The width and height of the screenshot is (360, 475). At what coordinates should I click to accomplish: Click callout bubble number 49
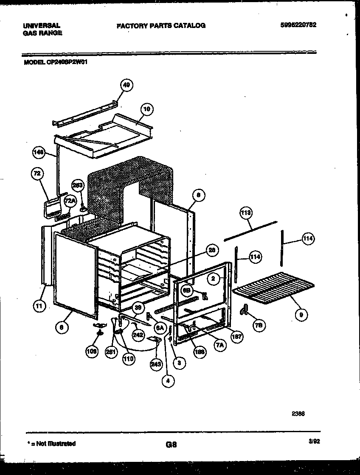tap(126, 85)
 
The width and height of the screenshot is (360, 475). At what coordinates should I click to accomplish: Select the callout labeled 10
tap(146, 109)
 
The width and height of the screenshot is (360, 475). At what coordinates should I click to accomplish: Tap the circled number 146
tap(39, 153)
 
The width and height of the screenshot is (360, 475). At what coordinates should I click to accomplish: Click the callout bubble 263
tap(78, 185)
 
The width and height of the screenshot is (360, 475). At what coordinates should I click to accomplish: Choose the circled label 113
tap(245, 212)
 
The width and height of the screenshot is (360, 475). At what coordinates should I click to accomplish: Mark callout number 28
tap(211, 251)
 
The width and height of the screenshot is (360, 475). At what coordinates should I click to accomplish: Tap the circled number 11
tap(39, 307)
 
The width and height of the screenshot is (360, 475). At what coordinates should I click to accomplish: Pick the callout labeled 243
tap(156, 363)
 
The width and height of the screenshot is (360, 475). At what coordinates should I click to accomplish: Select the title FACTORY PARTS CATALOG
tap(161, 25)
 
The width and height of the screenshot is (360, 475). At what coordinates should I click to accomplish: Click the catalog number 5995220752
tap(298, 25)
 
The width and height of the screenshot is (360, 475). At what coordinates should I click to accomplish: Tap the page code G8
tap(171, 445)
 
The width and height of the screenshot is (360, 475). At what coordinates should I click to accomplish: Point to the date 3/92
tap(314, 441)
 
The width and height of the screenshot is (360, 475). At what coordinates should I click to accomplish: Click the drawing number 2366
tap(298, 414)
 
